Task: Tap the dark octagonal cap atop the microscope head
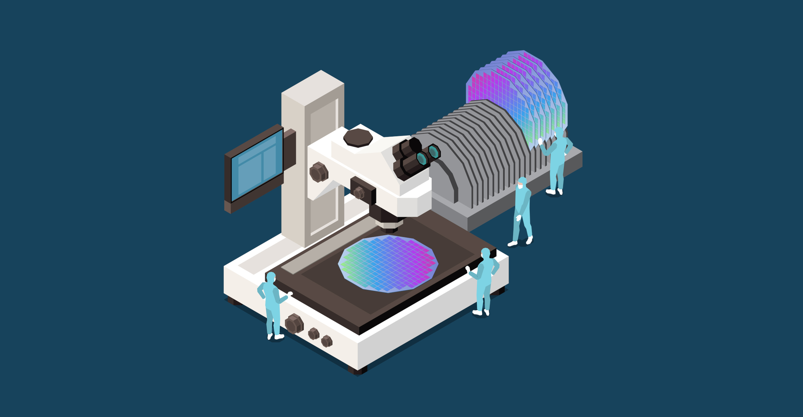[358, 138]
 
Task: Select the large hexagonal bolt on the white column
[319, 172]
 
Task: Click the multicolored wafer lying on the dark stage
[388, 263]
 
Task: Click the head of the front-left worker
[271, 277]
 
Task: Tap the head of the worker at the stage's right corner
[485, 253]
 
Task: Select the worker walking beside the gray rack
[522, 211]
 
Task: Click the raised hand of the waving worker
[540, 141]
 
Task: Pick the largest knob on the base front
[294, 323]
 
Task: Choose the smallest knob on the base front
[327, 341]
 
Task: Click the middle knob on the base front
[313, 334]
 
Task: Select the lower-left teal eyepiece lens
[422, 159]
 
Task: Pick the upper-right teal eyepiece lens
[434, 151]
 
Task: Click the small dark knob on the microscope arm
[358, 193]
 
